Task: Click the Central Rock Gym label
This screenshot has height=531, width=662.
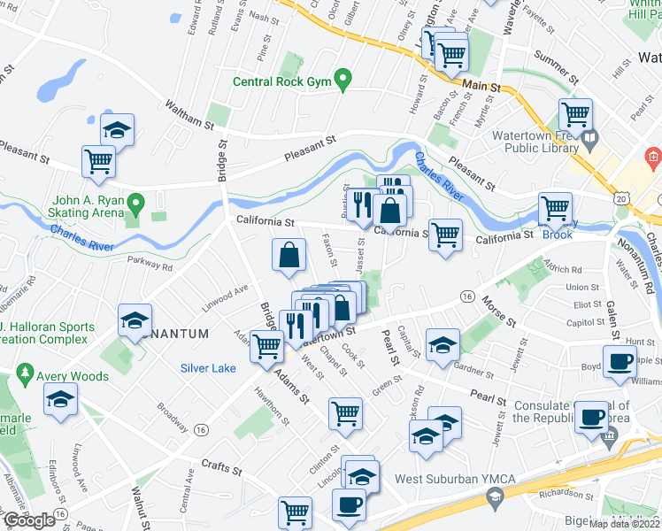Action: (281, 82)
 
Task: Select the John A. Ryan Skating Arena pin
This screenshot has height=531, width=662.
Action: (135, 205)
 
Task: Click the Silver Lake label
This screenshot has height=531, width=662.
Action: (208, 368)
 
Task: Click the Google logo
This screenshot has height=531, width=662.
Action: (29, 520)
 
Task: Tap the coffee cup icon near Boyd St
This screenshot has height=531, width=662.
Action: (619, 361)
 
